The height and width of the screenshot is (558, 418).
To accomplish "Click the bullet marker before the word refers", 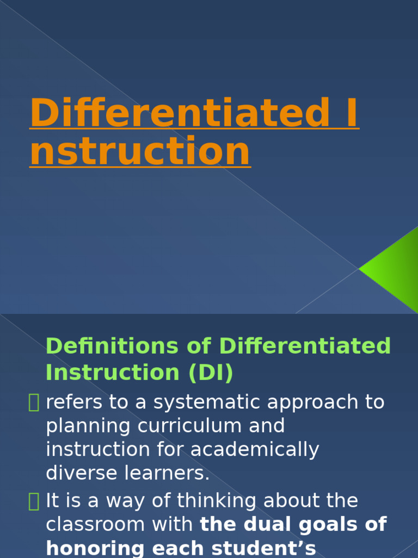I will coord(34,403).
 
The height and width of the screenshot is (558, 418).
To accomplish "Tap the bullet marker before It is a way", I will coord(34,501).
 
